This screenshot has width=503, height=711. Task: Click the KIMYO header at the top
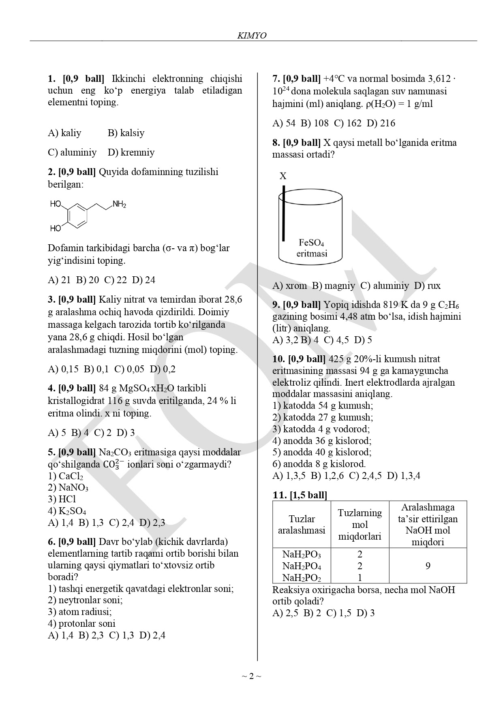pos(251,36)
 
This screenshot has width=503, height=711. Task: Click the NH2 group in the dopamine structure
pos(119,205)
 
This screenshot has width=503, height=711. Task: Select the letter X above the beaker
pos(283,176)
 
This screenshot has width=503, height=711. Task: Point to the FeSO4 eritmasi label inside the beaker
pos(311,248)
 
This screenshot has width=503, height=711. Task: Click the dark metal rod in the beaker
pos(283,213)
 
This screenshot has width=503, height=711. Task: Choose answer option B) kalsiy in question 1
pos(126,133)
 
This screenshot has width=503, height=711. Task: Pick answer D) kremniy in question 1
pos(131,152)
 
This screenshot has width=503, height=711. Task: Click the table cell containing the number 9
pos(428,566)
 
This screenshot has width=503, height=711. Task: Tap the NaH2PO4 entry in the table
pos(301,566)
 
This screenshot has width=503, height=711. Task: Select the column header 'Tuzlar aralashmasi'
pos(302,525)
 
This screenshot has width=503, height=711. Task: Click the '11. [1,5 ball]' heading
pos(300,495)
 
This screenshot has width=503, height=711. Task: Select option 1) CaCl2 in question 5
pos(65,476)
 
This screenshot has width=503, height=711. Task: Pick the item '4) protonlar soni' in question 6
pos(81,623)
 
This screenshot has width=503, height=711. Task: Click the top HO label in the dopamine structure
pos(56,204)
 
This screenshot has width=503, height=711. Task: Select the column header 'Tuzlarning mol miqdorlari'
pos(360,525)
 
